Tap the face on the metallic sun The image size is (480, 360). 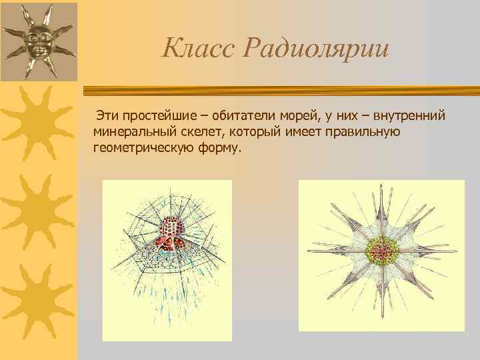[37, 41]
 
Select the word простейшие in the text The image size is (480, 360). [155, 117]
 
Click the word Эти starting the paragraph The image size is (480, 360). [108, 117]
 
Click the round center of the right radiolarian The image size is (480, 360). [381, 254]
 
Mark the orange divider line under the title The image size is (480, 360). [280, 91]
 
